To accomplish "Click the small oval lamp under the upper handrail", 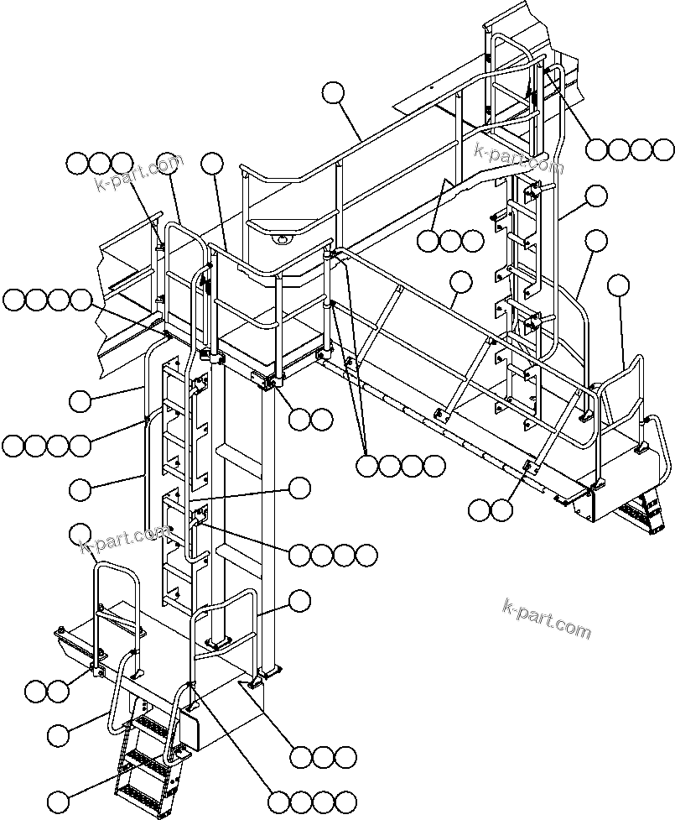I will point(282,240).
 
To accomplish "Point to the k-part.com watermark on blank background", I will point(547,618).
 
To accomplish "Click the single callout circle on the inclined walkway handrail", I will point(460,281).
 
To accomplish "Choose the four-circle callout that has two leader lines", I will point(400,465).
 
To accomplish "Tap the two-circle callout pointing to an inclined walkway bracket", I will point(490,508).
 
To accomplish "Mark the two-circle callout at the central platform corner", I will point(309,418).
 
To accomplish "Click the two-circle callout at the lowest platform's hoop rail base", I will point(46,691).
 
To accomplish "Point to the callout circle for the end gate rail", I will point(619,285).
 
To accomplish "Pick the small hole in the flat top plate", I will point(429,86).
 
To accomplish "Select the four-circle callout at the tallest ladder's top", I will point(630,149).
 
